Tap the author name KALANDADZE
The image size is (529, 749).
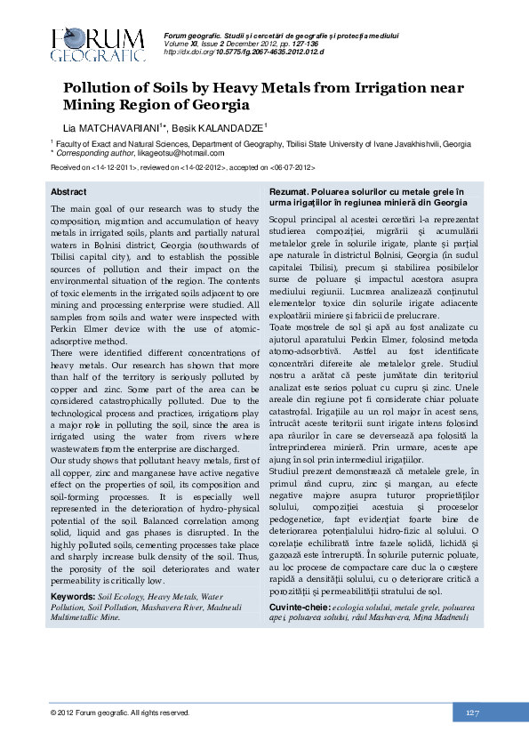[x=235, y=128]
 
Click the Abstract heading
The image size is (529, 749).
[x=68, y=192]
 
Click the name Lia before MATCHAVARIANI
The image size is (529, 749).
[x=69, y=128]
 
